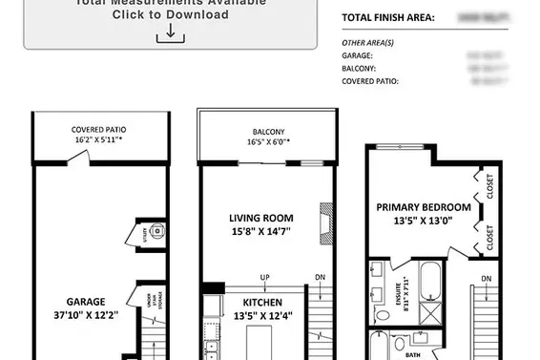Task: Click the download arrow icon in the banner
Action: [x=170, y=32]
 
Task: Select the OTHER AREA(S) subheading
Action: [x=368, y=43]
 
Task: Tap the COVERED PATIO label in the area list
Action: [x=370, y=82]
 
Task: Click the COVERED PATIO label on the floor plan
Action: [x=98, y=130]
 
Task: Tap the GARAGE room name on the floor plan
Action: [x=86, y=301]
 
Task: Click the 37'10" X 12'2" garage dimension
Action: [x=86, y=314]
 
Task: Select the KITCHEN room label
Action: [x=230, y=301]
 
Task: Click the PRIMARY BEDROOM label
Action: [x=423, y=207]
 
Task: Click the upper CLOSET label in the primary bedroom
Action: [x=490, y=187]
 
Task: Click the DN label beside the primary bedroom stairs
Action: [x=487, y=279]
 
